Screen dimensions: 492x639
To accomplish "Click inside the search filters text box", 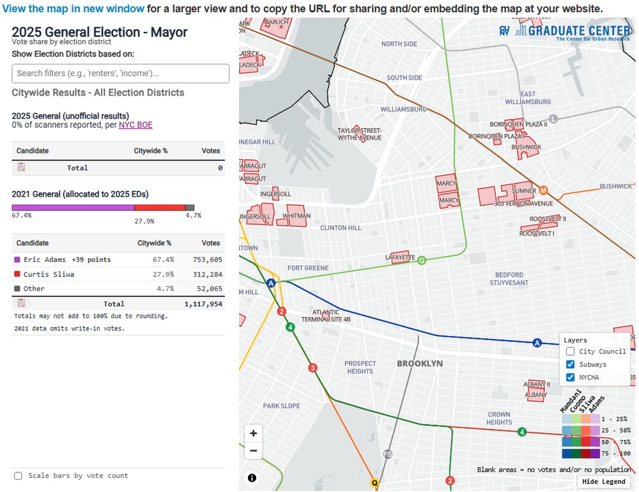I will tap(120, 73).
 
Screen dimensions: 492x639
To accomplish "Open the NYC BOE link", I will tap(135, 125).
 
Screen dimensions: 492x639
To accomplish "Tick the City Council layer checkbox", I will tap(571, 351).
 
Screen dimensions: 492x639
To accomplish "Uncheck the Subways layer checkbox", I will tap(571, 364).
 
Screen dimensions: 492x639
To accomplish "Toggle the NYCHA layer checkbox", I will tap(571, 377).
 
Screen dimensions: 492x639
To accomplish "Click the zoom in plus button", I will tap(254, 433).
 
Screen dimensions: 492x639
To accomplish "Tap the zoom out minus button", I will tap(254, 450).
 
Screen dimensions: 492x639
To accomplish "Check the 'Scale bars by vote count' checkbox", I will tap(18, 475).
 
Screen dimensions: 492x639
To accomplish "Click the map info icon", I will tap(252, 478).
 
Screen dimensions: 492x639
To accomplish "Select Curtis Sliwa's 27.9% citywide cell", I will tap(163, 274).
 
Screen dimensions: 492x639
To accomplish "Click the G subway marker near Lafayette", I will tap(421, 260).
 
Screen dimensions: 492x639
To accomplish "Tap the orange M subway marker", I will tap(543, 190).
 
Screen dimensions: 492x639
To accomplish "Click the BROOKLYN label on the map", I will tap(420, 363).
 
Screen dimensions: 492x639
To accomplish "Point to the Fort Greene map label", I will tap(308, 268).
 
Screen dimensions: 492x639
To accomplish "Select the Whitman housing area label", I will tap(296, 216).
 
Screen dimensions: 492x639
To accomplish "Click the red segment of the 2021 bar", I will tap(160, 208).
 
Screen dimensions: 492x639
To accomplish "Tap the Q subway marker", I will tap(374, 482).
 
